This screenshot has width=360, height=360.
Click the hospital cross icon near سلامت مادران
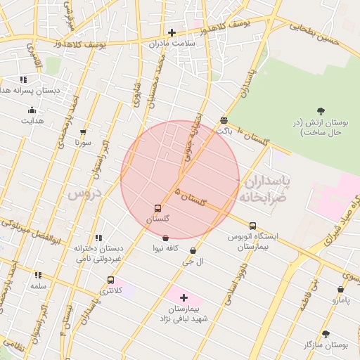pos(172,32)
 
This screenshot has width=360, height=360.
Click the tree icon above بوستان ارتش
pos(321,110)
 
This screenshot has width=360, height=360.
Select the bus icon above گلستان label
pos(157,208)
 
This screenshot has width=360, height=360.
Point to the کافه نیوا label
pos(166,249)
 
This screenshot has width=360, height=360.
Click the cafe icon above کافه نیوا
pos(165,238)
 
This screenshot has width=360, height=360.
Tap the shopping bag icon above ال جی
pos(193,250)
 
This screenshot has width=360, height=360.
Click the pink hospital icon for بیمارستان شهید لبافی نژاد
pos(184,298)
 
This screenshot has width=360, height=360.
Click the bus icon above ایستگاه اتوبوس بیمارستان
pos(252,226)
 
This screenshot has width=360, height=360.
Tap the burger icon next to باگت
pos(224,120)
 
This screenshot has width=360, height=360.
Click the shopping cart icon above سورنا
pos(84,131)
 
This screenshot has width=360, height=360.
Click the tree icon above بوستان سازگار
pos(325,334)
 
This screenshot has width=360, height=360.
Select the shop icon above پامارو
pos(340,289)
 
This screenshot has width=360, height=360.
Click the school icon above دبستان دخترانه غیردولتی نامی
pos(98,238)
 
